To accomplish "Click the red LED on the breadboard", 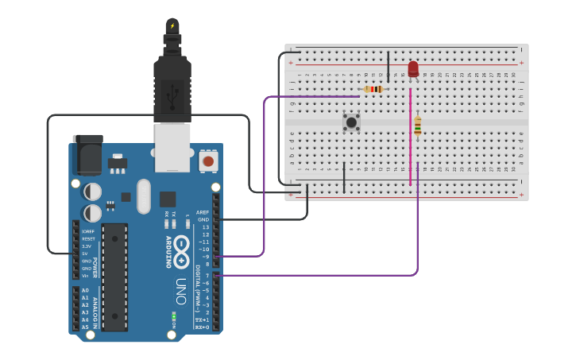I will click(x=413, y=69).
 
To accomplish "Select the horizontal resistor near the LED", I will click(x=373, y=89).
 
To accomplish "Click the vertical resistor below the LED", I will click(x=417, y=126).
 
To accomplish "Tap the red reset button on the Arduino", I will click(x=208, y=161).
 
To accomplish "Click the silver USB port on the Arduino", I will click(x=172, y=149).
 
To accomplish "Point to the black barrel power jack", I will click(x=87, y=154).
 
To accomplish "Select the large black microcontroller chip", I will click(x=114, y=277).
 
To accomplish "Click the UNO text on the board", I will click(x=180, y=291).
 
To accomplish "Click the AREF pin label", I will click(x=203, y=212).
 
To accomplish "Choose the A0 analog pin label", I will click(x=85, y=290).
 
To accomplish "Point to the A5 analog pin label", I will click(x=85, y=327).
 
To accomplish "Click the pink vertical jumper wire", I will click(x=410, y=135).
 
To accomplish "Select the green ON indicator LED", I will click(x=173, y=317).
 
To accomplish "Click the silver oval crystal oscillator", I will click(x=143, y=195).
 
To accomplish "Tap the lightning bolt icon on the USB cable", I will click(x=172, y=25).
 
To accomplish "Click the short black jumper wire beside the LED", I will click(x=388, y=68).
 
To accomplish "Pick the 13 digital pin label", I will click(x=205, y=227).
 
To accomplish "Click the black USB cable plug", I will click(x=172, y=87).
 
